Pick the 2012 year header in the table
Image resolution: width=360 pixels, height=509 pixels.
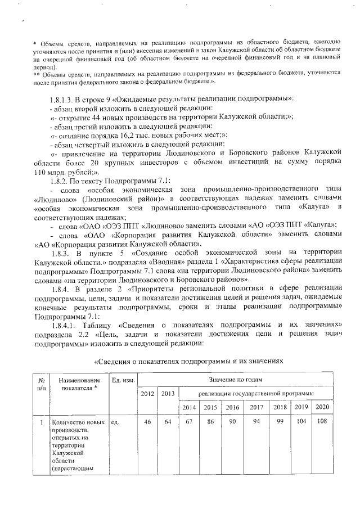147,393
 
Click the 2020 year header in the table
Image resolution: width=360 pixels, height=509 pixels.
322,406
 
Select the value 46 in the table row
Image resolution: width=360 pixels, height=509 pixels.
147,421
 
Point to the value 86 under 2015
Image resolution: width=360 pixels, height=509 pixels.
210,421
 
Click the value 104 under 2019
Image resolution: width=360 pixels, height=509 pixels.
300,421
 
